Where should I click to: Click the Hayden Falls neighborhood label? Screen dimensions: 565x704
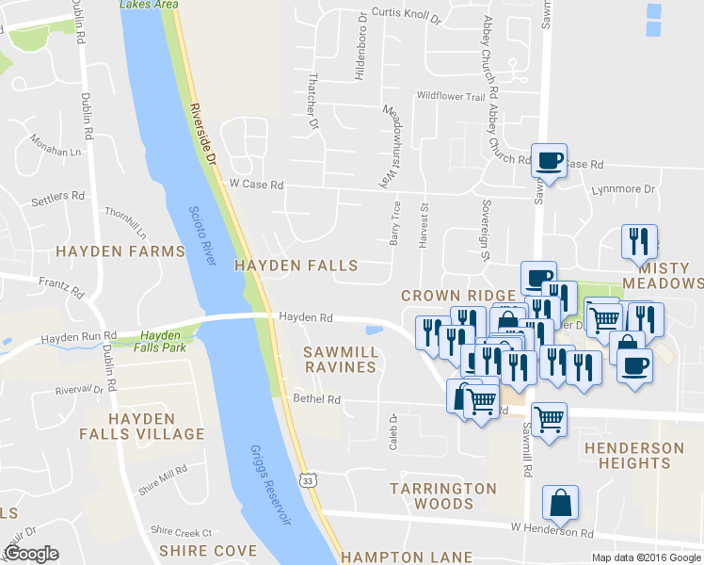296,266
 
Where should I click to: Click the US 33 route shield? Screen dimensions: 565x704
309,480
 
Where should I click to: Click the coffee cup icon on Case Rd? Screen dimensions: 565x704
549,161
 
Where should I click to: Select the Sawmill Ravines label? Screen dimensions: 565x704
340,359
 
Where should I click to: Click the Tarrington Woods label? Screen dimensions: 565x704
443,497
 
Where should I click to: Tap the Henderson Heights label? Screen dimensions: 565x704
634,455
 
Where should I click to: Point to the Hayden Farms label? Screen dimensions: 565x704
120,251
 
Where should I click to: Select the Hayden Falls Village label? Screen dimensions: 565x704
155,427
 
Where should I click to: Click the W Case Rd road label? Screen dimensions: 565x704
256,186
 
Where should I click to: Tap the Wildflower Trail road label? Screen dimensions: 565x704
450,96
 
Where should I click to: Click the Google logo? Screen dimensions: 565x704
31,553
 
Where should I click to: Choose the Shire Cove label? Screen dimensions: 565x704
208,551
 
